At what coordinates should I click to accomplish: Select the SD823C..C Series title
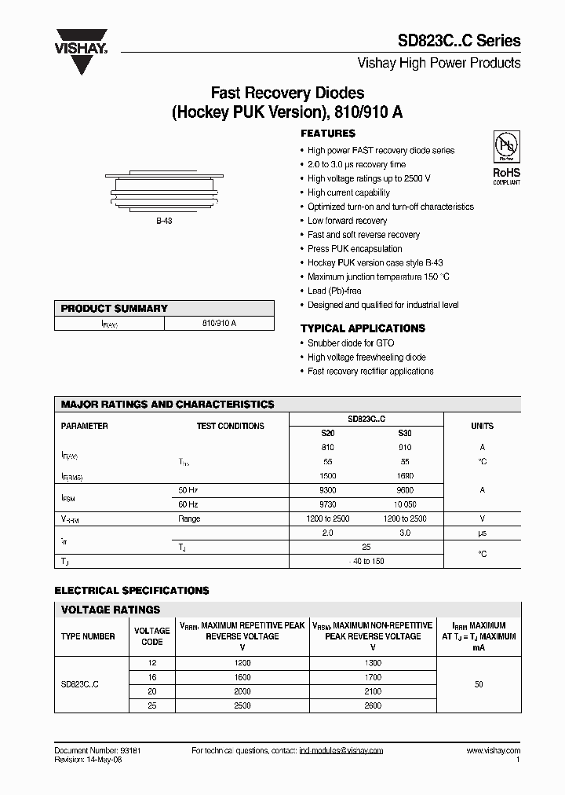pyautogui.click(x=463, y=40)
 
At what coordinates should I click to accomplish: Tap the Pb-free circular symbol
pyautogui.click(x=505, y=146)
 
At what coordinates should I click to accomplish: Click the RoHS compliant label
pyautogui.click(x=506, y=175)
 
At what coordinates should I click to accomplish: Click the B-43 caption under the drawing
pyautogui.click(x=163, y=222)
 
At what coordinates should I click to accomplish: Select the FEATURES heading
pyautogui.click(x=328, y=134)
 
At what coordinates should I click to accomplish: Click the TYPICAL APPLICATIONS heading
pyautogui.click(x=363, y=328)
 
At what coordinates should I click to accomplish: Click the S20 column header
pyautogui.click(x=327, y=433)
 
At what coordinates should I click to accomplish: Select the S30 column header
pyautogui.click(x=404, y=433)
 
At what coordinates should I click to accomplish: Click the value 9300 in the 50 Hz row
pyautogui.click(x=327, y=489)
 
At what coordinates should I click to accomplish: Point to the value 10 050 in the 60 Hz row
pyautogui.click(x=404, y=504)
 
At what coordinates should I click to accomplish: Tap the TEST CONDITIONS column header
pyautogui.click(x=230, y=426)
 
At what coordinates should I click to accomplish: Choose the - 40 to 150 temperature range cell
pyautogui.click(x=366, y=560)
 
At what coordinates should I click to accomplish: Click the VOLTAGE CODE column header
pyautogui.click(x=151, y=636)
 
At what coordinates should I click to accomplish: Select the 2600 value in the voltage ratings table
pyautogui.click(x=372, y=705)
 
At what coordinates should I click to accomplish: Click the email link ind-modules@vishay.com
pyautogui.click(x=341, y=751)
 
